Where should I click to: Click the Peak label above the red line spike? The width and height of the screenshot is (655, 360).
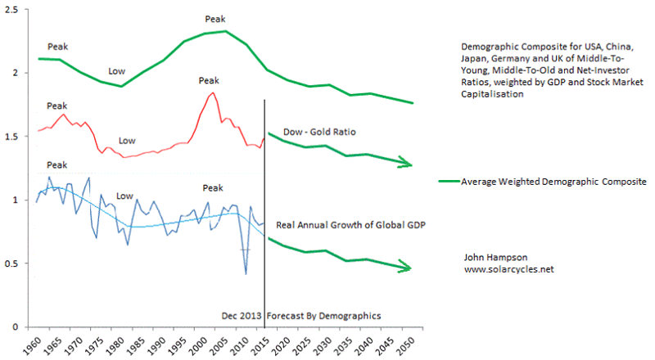click(x=210, y=80)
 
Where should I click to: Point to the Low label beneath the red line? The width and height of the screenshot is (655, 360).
click(x=128, y=141)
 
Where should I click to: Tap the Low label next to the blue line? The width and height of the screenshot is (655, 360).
click(x=124, y=196)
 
